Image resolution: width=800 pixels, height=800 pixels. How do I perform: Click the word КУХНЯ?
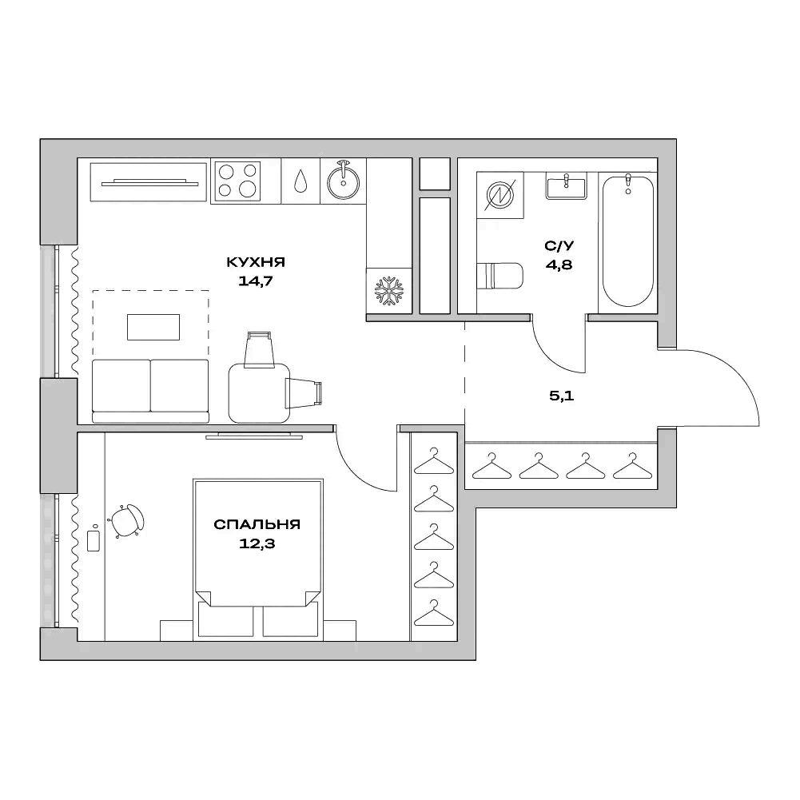(256, 262)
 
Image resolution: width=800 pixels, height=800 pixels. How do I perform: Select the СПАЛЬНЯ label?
(257, 525)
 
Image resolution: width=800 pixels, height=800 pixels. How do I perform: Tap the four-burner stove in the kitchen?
(238, 180)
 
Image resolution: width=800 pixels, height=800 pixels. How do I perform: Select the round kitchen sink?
(344, 181)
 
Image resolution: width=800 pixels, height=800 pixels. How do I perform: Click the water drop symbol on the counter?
(301, 181)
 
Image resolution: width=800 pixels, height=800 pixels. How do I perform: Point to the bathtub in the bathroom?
(627, 240)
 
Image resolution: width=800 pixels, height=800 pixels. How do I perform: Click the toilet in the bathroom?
(500, 277)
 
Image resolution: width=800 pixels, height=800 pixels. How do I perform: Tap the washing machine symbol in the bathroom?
(501, 196)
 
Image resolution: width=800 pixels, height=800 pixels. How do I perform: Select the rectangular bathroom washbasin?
(566, 187)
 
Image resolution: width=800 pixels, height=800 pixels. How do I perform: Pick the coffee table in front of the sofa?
(153, 326)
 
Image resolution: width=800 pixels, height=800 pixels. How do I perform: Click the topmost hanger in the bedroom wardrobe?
(434, 462)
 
